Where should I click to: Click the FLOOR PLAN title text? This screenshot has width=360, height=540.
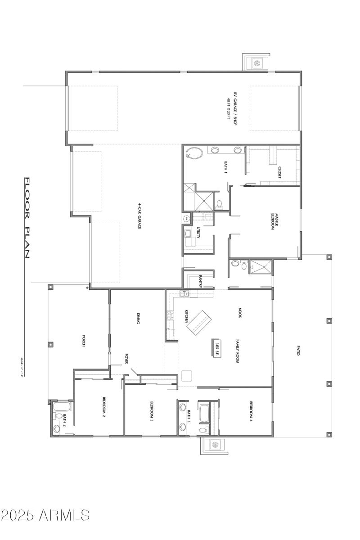point(27,218)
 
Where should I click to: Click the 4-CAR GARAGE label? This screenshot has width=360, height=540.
point(139,216)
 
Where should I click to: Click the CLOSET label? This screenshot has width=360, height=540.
point(279,172)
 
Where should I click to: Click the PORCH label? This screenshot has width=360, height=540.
point(84,341)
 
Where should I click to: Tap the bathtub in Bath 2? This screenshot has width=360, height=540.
point(59,408)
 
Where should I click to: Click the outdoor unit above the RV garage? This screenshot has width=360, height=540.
point(257,63)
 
